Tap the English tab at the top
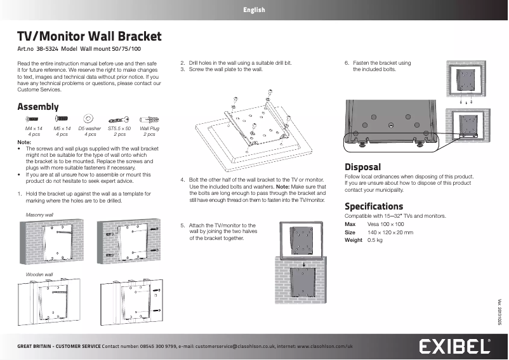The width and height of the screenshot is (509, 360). [x=254, y=10]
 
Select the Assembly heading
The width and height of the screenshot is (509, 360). [x=38, y=107]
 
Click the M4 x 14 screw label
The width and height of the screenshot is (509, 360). [x=34, y=129]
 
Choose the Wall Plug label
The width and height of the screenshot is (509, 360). [x=149, y=129]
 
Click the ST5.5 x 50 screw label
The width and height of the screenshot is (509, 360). [x=119, y=129]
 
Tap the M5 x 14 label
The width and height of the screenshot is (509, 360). [x=62, y=129]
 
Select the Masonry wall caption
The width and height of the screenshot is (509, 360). [x=39, y=216]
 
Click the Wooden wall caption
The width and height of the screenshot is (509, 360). [x=39, y=274]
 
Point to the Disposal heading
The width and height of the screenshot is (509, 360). [x=362, y=167]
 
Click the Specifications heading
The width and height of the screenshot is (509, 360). [x=374, y=206]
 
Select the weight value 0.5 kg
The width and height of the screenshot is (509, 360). [x=375, y=241]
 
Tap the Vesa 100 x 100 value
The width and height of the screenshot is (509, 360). [x=386, y=225]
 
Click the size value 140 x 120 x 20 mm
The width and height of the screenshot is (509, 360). [x=390, y=233]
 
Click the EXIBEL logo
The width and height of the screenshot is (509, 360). [x=453, y=347]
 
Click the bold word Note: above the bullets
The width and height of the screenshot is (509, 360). [x=24, y=142]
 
